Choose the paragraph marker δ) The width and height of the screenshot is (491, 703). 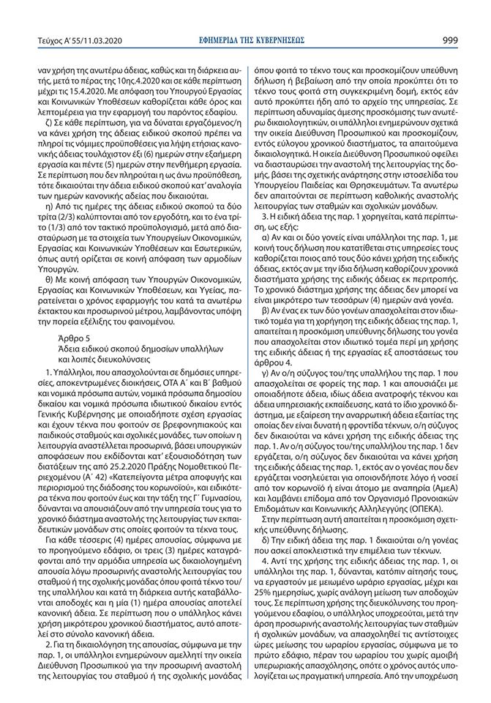click(x=263, y=528)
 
